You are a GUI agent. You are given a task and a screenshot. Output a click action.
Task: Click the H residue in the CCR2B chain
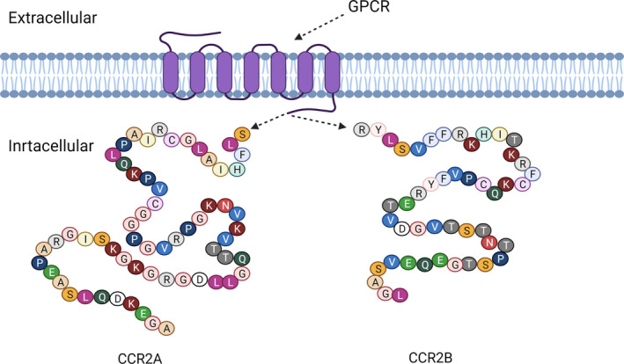point(483,133)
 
